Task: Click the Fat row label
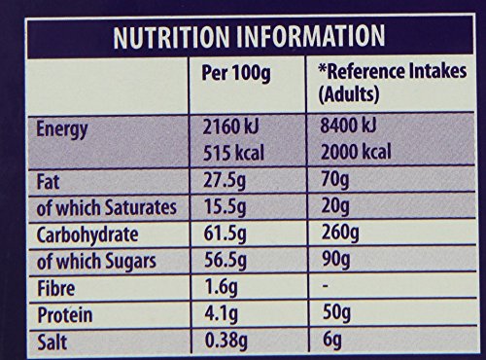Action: pos(46,183)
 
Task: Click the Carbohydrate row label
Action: pos(88,234)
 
